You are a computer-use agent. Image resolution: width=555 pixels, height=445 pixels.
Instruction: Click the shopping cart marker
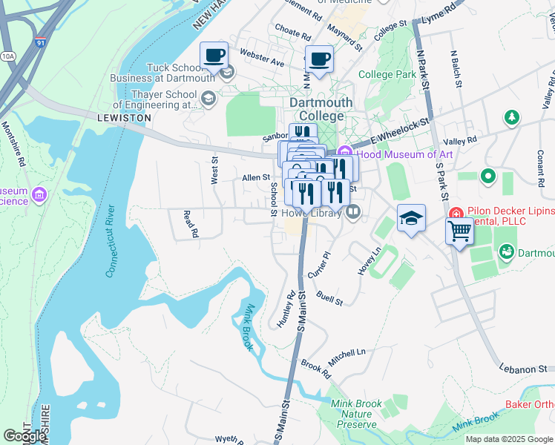point(459,231)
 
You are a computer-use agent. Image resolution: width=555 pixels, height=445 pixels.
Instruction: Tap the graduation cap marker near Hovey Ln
point(411,218)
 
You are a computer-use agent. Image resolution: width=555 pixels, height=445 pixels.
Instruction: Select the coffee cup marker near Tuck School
point(214,54)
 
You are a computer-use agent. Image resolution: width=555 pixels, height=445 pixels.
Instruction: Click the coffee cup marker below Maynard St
point(320,59)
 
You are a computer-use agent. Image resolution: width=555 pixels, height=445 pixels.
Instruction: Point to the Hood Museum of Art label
point(404,154)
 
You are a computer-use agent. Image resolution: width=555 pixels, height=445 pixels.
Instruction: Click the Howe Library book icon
point(353,213)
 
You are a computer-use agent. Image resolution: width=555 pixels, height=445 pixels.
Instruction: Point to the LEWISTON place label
point(124,118)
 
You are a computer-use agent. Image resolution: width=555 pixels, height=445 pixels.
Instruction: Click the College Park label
point(387,75)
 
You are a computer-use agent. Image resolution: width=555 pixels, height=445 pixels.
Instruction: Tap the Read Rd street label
point(191,223)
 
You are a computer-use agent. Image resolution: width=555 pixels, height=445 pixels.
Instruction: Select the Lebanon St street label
point(522,368)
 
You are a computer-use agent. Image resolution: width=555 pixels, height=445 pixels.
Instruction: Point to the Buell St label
point(329,298)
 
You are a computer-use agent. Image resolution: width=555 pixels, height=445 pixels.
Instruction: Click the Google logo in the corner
point(24,436)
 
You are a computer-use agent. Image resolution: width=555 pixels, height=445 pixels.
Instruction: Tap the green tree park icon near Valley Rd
point(510,117)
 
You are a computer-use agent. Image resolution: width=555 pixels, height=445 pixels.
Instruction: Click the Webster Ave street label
point(262,58)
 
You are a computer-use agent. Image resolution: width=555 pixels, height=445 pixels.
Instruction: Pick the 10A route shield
point(8,56)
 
